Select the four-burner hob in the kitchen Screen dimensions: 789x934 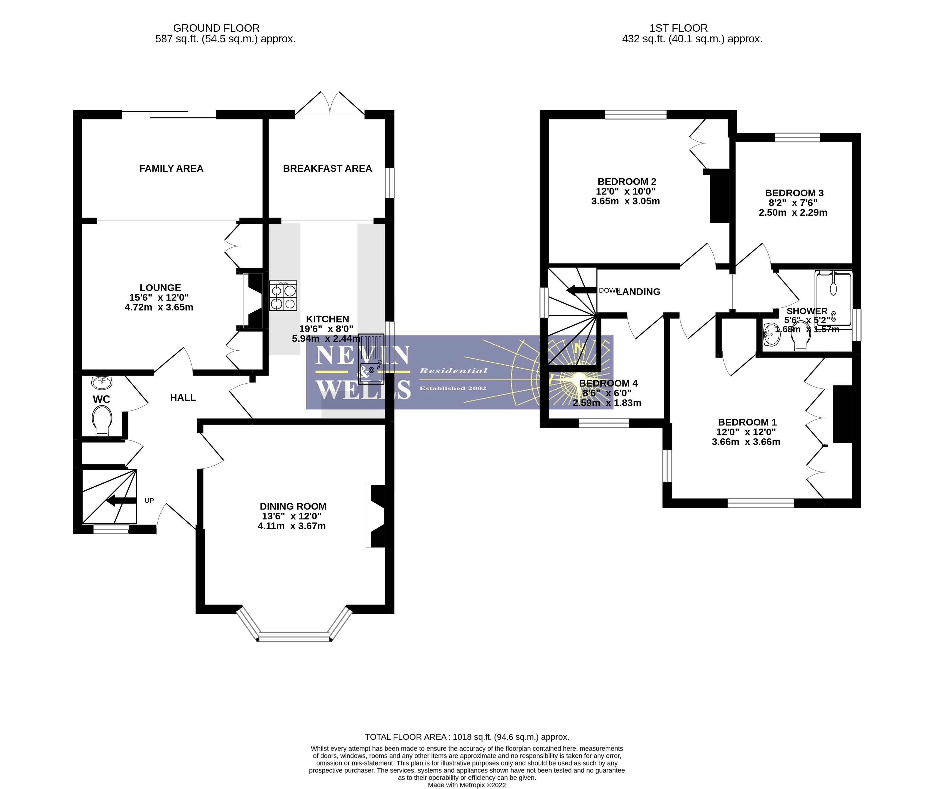click(283, 296)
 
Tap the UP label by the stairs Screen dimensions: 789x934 click(149, 500)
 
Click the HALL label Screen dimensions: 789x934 click(183, 398)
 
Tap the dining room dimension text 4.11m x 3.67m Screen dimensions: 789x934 click(292, 527)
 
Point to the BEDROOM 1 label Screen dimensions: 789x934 click(747, 422)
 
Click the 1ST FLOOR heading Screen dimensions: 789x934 click(678, 28)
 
